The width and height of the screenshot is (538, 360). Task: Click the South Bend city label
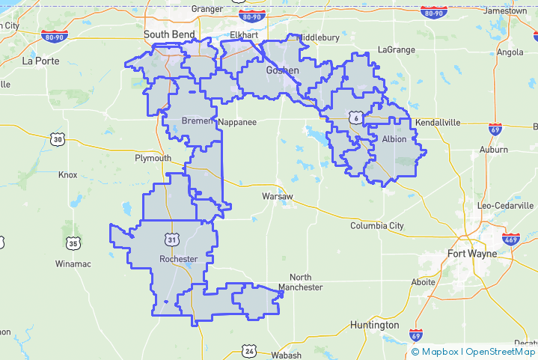coord(169,34)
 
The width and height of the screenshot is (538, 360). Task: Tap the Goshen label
coord(282,70)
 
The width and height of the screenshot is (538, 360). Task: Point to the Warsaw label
coord(276,196)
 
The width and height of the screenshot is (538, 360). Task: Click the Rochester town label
coord(178,259)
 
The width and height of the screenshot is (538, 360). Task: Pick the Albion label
coord(394,139)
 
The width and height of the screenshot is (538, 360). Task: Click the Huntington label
coord(374,325)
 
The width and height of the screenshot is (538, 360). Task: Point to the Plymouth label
coord(153,159)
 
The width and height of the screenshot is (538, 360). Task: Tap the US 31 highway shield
coord(173,240)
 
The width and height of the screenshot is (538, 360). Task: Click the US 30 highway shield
coord(58,139)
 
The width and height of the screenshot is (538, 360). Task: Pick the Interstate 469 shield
coord(510,240)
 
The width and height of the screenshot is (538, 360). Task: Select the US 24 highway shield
coord(249,350)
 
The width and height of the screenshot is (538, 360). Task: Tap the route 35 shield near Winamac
coord(72,243)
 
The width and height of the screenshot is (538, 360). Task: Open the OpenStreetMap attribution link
coord(501,352)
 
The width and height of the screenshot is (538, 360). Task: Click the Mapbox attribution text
coord(439,352)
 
